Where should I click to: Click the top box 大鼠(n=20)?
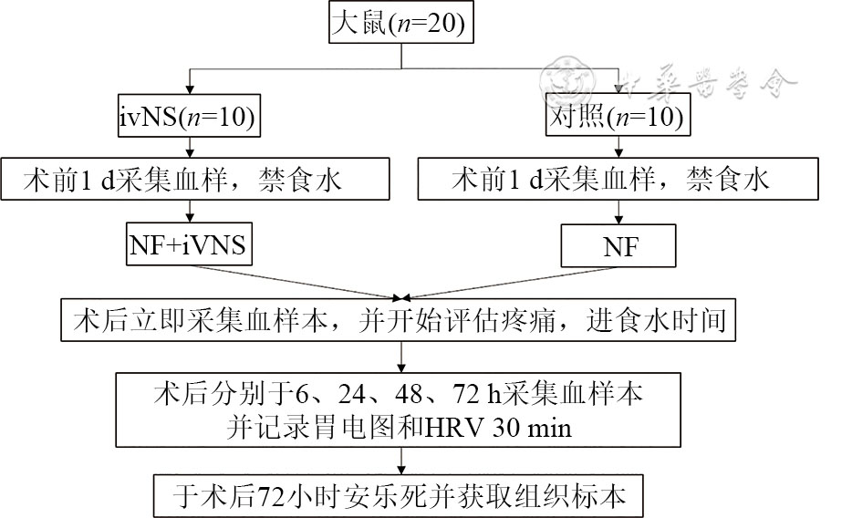401,24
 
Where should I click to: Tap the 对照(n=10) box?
617,116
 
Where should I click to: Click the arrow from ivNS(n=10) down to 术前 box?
188,148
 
